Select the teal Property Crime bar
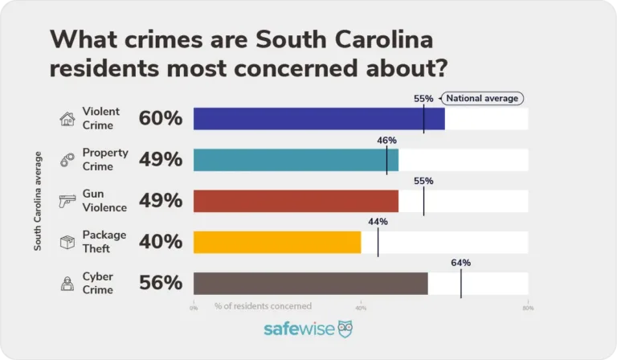coord(296,160)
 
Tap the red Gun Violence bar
coord(296,201)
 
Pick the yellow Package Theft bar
coord(277,242)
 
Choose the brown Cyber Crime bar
coord(310,283)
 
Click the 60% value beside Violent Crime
coord(161,119)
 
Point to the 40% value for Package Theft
coord(161,242)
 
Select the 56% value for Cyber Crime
coord(161,283)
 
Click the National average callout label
coord(483,98)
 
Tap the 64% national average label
coord(460,263)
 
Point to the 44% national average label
coord(378,222)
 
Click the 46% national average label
coord(386,140)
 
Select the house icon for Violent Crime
coord(67,119)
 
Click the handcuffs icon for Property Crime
coord(67,160)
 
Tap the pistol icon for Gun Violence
coord(67,201)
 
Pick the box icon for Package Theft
coord(67,241)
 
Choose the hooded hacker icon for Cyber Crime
coord(67,283)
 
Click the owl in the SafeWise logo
coord(345,329)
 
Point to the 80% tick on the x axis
coord(527,307)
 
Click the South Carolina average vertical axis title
coord(38,201)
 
